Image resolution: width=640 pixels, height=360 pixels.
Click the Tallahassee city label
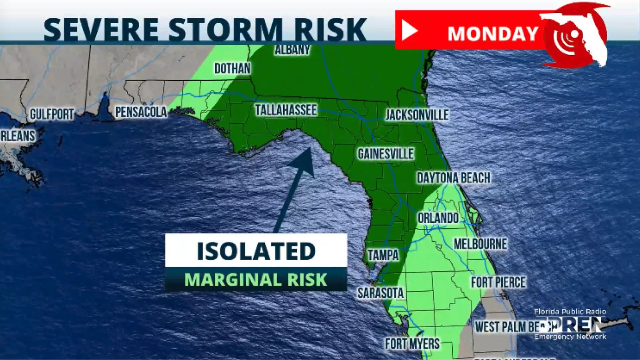coord(286,110)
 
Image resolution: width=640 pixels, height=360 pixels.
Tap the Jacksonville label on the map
coord(416,115)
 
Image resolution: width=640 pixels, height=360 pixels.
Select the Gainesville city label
coord(386,154)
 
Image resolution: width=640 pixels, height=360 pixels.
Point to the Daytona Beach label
coord(453,178)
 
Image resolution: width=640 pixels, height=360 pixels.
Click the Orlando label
coord(438,218)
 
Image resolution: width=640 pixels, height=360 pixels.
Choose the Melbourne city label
coord(480,244)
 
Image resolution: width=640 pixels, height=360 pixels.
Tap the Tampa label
coord(383,255)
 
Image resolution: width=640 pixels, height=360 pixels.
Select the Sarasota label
coord(380,293)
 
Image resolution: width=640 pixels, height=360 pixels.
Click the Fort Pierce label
coord(498,282)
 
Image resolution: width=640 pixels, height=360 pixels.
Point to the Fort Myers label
coord(412,343)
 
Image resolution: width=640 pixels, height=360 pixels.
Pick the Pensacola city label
coord(141,112)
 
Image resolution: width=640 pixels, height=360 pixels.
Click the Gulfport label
coord(52,114)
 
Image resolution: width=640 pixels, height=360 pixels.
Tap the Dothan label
coord(232,68)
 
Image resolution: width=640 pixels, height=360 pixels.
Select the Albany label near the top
coord(292,50)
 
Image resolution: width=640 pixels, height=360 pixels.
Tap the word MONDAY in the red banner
coord(493,34)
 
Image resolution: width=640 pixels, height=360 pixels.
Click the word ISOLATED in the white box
coord(256,251)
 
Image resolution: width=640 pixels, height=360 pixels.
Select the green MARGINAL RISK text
coord(256,280)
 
